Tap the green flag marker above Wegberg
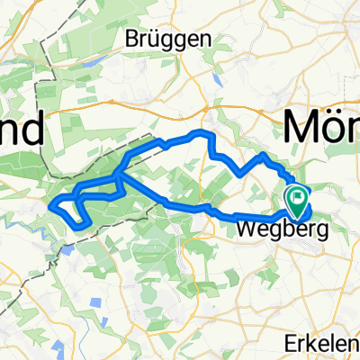tap(296, 194)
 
